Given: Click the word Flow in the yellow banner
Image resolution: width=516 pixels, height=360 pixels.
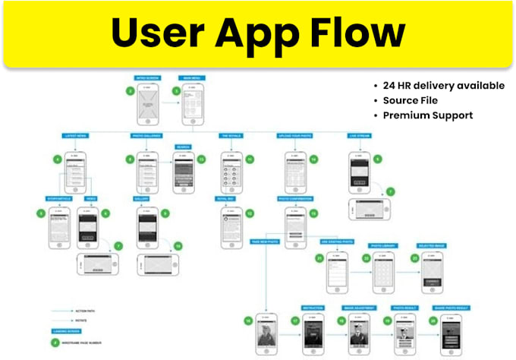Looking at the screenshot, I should tap(358, 34).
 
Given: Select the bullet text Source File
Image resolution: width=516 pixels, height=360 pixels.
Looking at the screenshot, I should tap(411, 100).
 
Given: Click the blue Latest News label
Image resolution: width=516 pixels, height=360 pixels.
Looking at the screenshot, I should tap(75, 136).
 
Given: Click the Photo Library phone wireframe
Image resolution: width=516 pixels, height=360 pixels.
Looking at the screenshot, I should tap(382, 273).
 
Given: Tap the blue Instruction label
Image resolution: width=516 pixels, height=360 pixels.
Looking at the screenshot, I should tap(313, 308).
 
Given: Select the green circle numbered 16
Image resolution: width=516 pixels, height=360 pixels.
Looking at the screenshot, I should tap(249, 322).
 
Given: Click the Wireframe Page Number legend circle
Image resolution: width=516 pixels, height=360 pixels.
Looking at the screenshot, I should tap(54, 343).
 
